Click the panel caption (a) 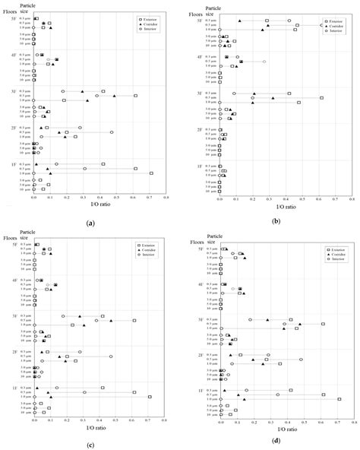coord(90,223)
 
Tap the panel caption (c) coord(90,442)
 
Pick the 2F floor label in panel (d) coord(201,355)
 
